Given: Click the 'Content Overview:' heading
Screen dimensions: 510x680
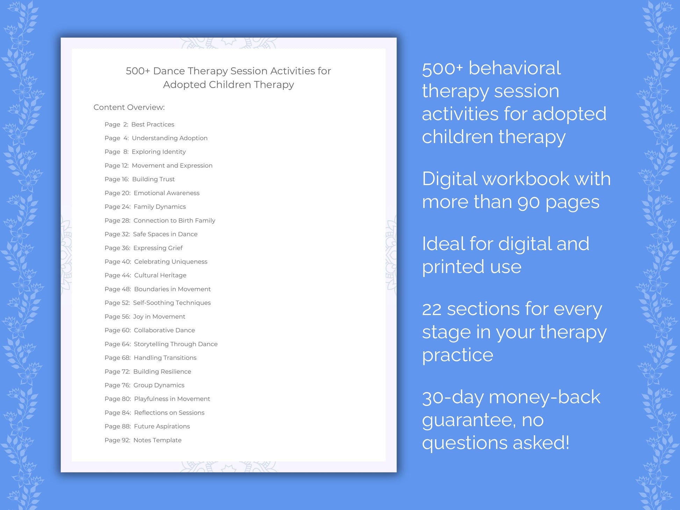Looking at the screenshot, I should point(129,107).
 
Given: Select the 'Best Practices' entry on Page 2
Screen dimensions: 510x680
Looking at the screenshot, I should point(153,124).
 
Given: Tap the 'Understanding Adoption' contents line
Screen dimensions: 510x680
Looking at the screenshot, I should point(169,138).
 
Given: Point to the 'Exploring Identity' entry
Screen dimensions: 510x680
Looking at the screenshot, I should point(159,152).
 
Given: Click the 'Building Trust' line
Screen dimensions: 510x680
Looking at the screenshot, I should point(153,179).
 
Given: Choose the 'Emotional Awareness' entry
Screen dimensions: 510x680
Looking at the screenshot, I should point(166,193).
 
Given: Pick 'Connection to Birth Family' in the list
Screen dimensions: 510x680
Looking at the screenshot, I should point(174,220).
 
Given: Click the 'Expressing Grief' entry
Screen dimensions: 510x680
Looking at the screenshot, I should point(158,248).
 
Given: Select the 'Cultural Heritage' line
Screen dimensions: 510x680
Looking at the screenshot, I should point(160,275).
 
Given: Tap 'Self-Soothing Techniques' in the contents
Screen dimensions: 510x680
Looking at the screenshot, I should point(172,303).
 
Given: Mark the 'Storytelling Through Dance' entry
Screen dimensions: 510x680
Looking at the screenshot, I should point(175,344).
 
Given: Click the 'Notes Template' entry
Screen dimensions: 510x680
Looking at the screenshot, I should point(157,440).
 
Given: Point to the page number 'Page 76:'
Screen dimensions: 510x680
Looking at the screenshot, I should point(117,385).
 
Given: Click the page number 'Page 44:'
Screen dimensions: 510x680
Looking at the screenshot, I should point(118,275).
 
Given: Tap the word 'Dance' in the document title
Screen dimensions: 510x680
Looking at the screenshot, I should point(169,71).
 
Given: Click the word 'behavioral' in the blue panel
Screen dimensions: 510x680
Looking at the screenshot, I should point(514,68).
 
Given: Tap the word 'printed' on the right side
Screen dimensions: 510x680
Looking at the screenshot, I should point(451,267).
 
